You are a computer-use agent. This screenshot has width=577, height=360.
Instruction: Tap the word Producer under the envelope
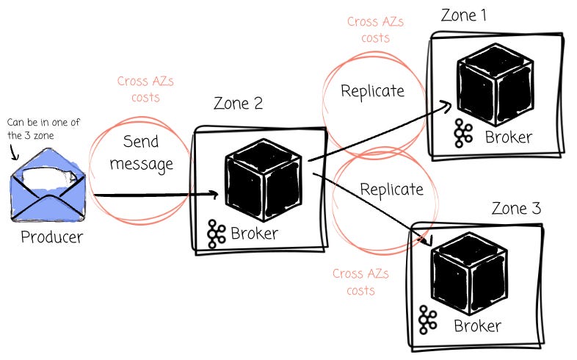click(52, 237)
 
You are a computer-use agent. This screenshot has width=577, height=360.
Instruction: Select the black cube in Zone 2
click(264, 180)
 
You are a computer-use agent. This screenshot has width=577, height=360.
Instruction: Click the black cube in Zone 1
click(496, 85)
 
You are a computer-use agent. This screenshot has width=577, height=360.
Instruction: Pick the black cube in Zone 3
click(469, 273)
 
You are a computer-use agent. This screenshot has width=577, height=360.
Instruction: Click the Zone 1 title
click(464, 15)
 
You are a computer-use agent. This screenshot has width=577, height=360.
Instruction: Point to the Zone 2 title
click(238, 104)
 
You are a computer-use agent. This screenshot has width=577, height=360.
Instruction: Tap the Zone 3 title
click(516, 209)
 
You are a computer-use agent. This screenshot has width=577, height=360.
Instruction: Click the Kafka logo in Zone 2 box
click(216, 234)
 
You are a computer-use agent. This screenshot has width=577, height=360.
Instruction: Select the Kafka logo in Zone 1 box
click(463, 133)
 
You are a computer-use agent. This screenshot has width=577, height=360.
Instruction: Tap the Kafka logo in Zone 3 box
click(428, 320)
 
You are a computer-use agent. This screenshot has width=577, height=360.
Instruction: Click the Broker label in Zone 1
click(509, 137)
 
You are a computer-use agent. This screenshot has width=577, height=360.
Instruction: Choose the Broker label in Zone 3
click(477, 325)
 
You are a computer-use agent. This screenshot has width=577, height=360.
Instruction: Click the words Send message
click(141, 153)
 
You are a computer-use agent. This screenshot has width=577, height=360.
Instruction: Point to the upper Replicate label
click(372, 91)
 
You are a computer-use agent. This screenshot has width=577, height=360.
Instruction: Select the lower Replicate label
click(391, 190)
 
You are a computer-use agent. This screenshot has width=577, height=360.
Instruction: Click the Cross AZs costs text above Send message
click(145, 89)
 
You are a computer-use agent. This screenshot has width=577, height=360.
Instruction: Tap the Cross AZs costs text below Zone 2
click(360, 282)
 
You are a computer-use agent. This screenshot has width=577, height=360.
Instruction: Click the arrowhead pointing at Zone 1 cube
click(446, 106)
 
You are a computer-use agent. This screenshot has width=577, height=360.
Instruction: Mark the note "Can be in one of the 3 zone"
click(43, 129)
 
